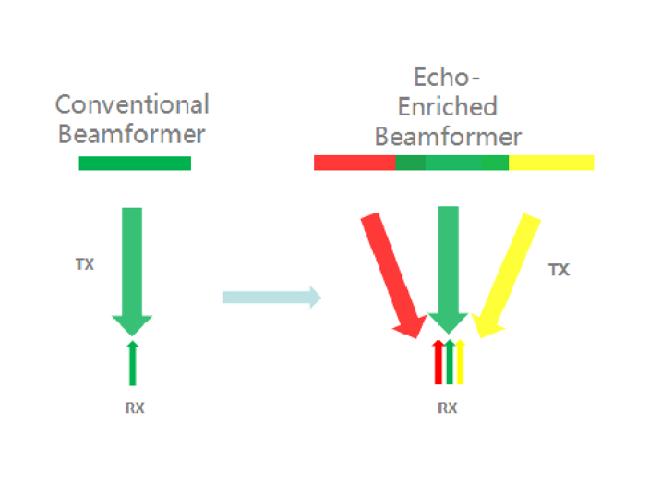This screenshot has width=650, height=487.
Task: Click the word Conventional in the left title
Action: point(132,105)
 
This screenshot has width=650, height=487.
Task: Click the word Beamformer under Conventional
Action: point(131,133)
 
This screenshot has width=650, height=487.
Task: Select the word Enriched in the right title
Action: point(448,106)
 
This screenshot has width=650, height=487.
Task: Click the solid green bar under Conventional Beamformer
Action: point(135,163)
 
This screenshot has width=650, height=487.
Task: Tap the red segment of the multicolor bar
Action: point(354,162)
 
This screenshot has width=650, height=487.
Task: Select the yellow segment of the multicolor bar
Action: point(551,162)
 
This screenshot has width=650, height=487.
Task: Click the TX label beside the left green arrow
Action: point(85,264)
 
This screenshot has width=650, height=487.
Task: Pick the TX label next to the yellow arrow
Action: point(559,270)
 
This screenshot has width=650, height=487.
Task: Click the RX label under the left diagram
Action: point(134,408)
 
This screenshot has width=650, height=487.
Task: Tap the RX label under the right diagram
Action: point(447,408)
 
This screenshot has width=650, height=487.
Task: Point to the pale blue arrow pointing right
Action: point(271,297)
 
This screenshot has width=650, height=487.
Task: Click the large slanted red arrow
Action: point(391,271)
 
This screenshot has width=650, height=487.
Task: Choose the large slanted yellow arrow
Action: point(509,271)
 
